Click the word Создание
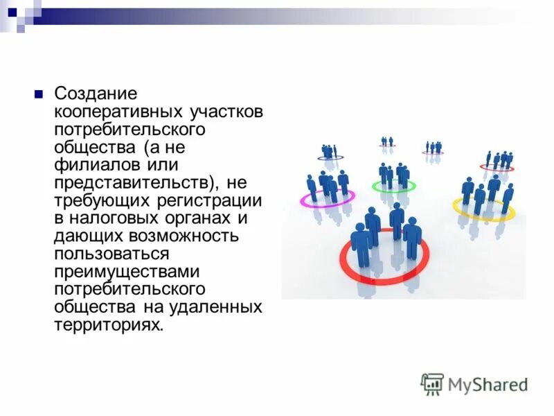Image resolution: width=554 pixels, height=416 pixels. [x=96, y=94]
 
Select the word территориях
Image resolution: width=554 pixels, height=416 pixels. [x=109, y=326]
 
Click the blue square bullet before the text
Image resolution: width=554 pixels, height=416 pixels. [x=39, y=94]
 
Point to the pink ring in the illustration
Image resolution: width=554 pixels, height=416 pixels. [x=305, y=200]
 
